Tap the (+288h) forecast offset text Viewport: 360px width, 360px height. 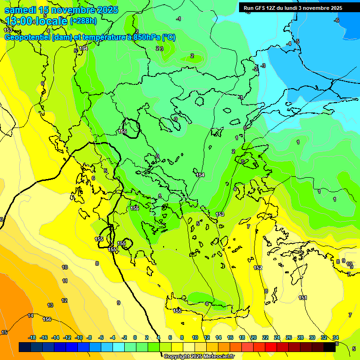coord(83,21)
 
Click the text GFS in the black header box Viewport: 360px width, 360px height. coord(259,8)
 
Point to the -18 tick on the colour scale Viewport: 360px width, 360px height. coord(32,337)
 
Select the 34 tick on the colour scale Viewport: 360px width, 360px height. coord(336,337)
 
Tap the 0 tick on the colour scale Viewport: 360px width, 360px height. coord(135,337)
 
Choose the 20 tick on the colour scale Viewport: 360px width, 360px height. coord(254,337)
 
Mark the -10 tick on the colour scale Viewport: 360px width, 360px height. coord(78,337)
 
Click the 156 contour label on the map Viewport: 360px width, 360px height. coord(47,319)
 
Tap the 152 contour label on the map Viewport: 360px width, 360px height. coord(258,268)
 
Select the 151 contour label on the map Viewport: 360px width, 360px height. coord(303,298)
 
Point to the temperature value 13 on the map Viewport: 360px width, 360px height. coord(50,305)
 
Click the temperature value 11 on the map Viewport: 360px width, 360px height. coord(65,281)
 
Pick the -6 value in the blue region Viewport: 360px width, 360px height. coord(336,20)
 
